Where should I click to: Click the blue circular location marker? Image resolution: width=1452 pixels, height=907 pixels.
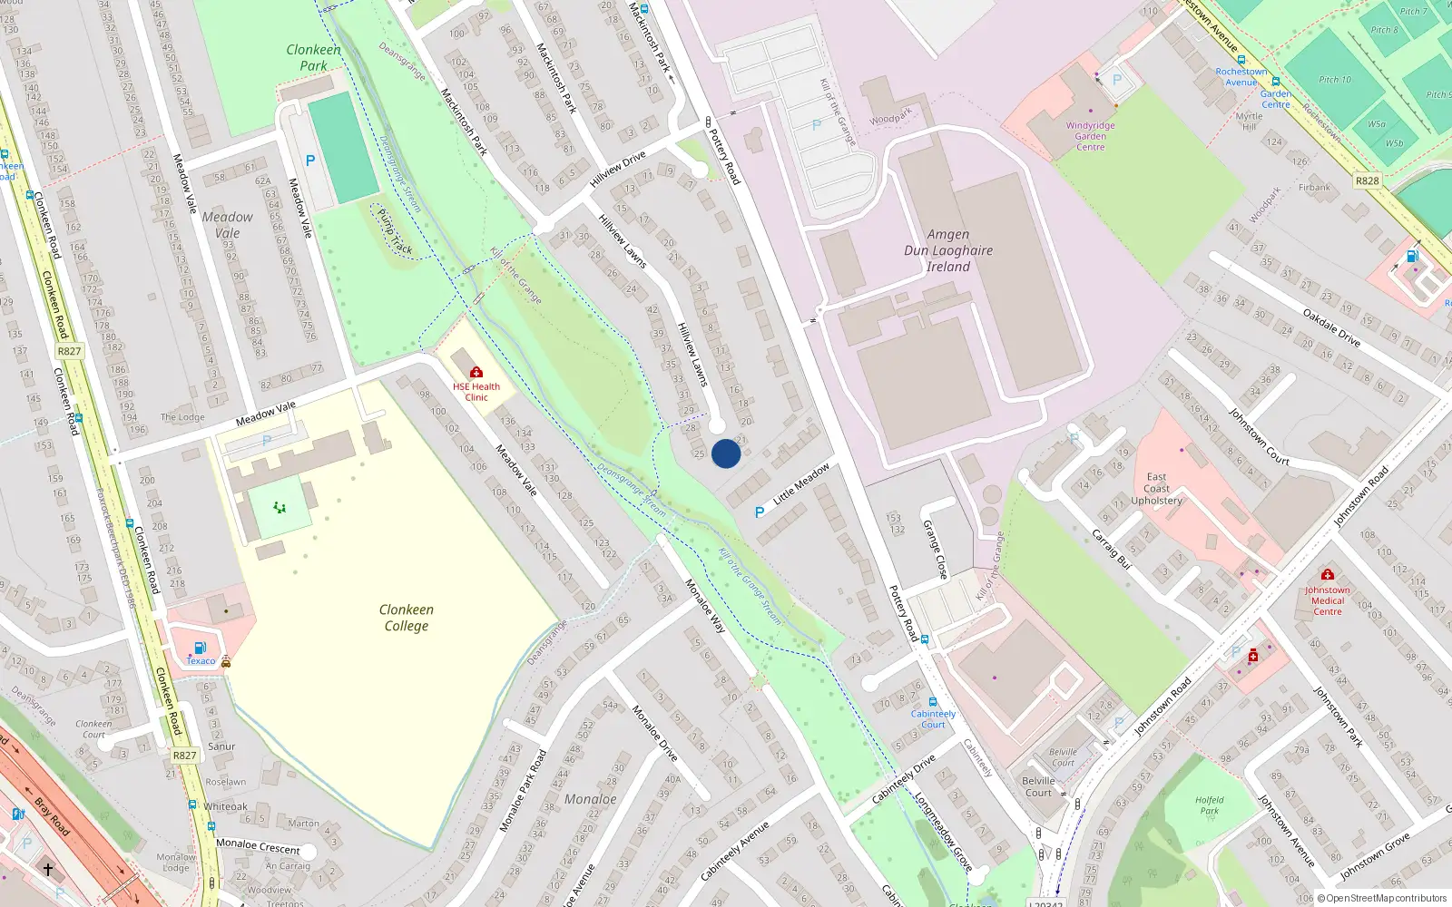click(x=726, y=453)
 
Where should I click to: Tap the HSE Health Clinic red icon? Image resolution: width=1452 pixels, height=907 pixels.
click(x=476, y=372)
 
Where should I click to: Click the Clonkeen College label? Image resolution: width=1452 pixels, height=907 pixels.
click(x=407, y=618)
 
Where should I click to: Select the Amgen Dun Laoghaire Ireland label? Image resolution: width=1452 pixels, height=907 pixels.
click(x=948, y=250)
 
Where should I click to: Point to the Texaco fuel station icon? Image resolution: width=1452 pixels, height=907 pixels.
click(x=200, y=648)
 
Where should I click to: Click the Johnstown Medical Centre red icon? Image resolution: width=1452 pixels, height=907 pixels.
click(x=1327, y=574)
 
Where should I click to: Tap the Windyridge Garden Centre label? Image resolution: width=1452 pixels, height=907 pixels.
click(x=1090, y=136)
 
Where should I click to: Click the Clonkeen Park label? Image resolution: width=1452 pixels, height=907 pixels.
click(x=313, y=57)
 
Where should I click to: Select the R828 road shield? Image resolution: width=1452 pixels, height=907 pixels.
click(x=1367, y=180)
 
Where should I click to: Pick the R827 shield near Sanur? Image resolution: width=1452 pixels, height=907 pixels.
click(x=184, y=755)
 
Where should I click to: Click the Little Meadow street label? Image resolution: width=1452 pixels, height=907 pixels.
click(x=801, y=484)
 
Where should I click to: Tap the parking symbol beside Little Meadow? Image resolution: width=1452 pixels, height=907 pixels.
click(x=760, y=512)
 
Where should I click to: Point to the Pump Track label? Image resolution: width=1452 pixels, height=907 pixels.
click(x=395, y=231)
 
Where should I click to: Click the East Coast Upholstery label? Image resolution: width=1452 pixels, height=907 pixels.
click(x=1156, y=488)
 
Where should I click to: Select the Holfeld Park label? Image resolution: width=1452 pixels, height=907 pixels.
click(x=1209, y=805)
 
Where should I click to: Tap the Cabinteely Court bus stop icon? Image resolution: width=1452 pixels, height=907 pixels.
click(x=932, y=702)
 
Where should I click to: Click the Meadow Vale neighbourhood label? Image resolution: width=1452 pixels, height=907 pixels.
click(x=227, y=225)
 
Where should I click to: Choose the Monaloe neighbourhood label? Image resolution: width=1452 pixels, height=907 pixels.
click(x=590, y=799)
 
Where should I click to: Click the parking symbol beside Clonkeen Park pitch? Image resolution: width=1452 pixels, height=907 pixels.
click(x=310, y=161)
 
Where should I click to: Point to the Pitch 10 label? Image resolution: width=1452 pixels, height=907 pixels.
click(x=1335, y=80)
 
